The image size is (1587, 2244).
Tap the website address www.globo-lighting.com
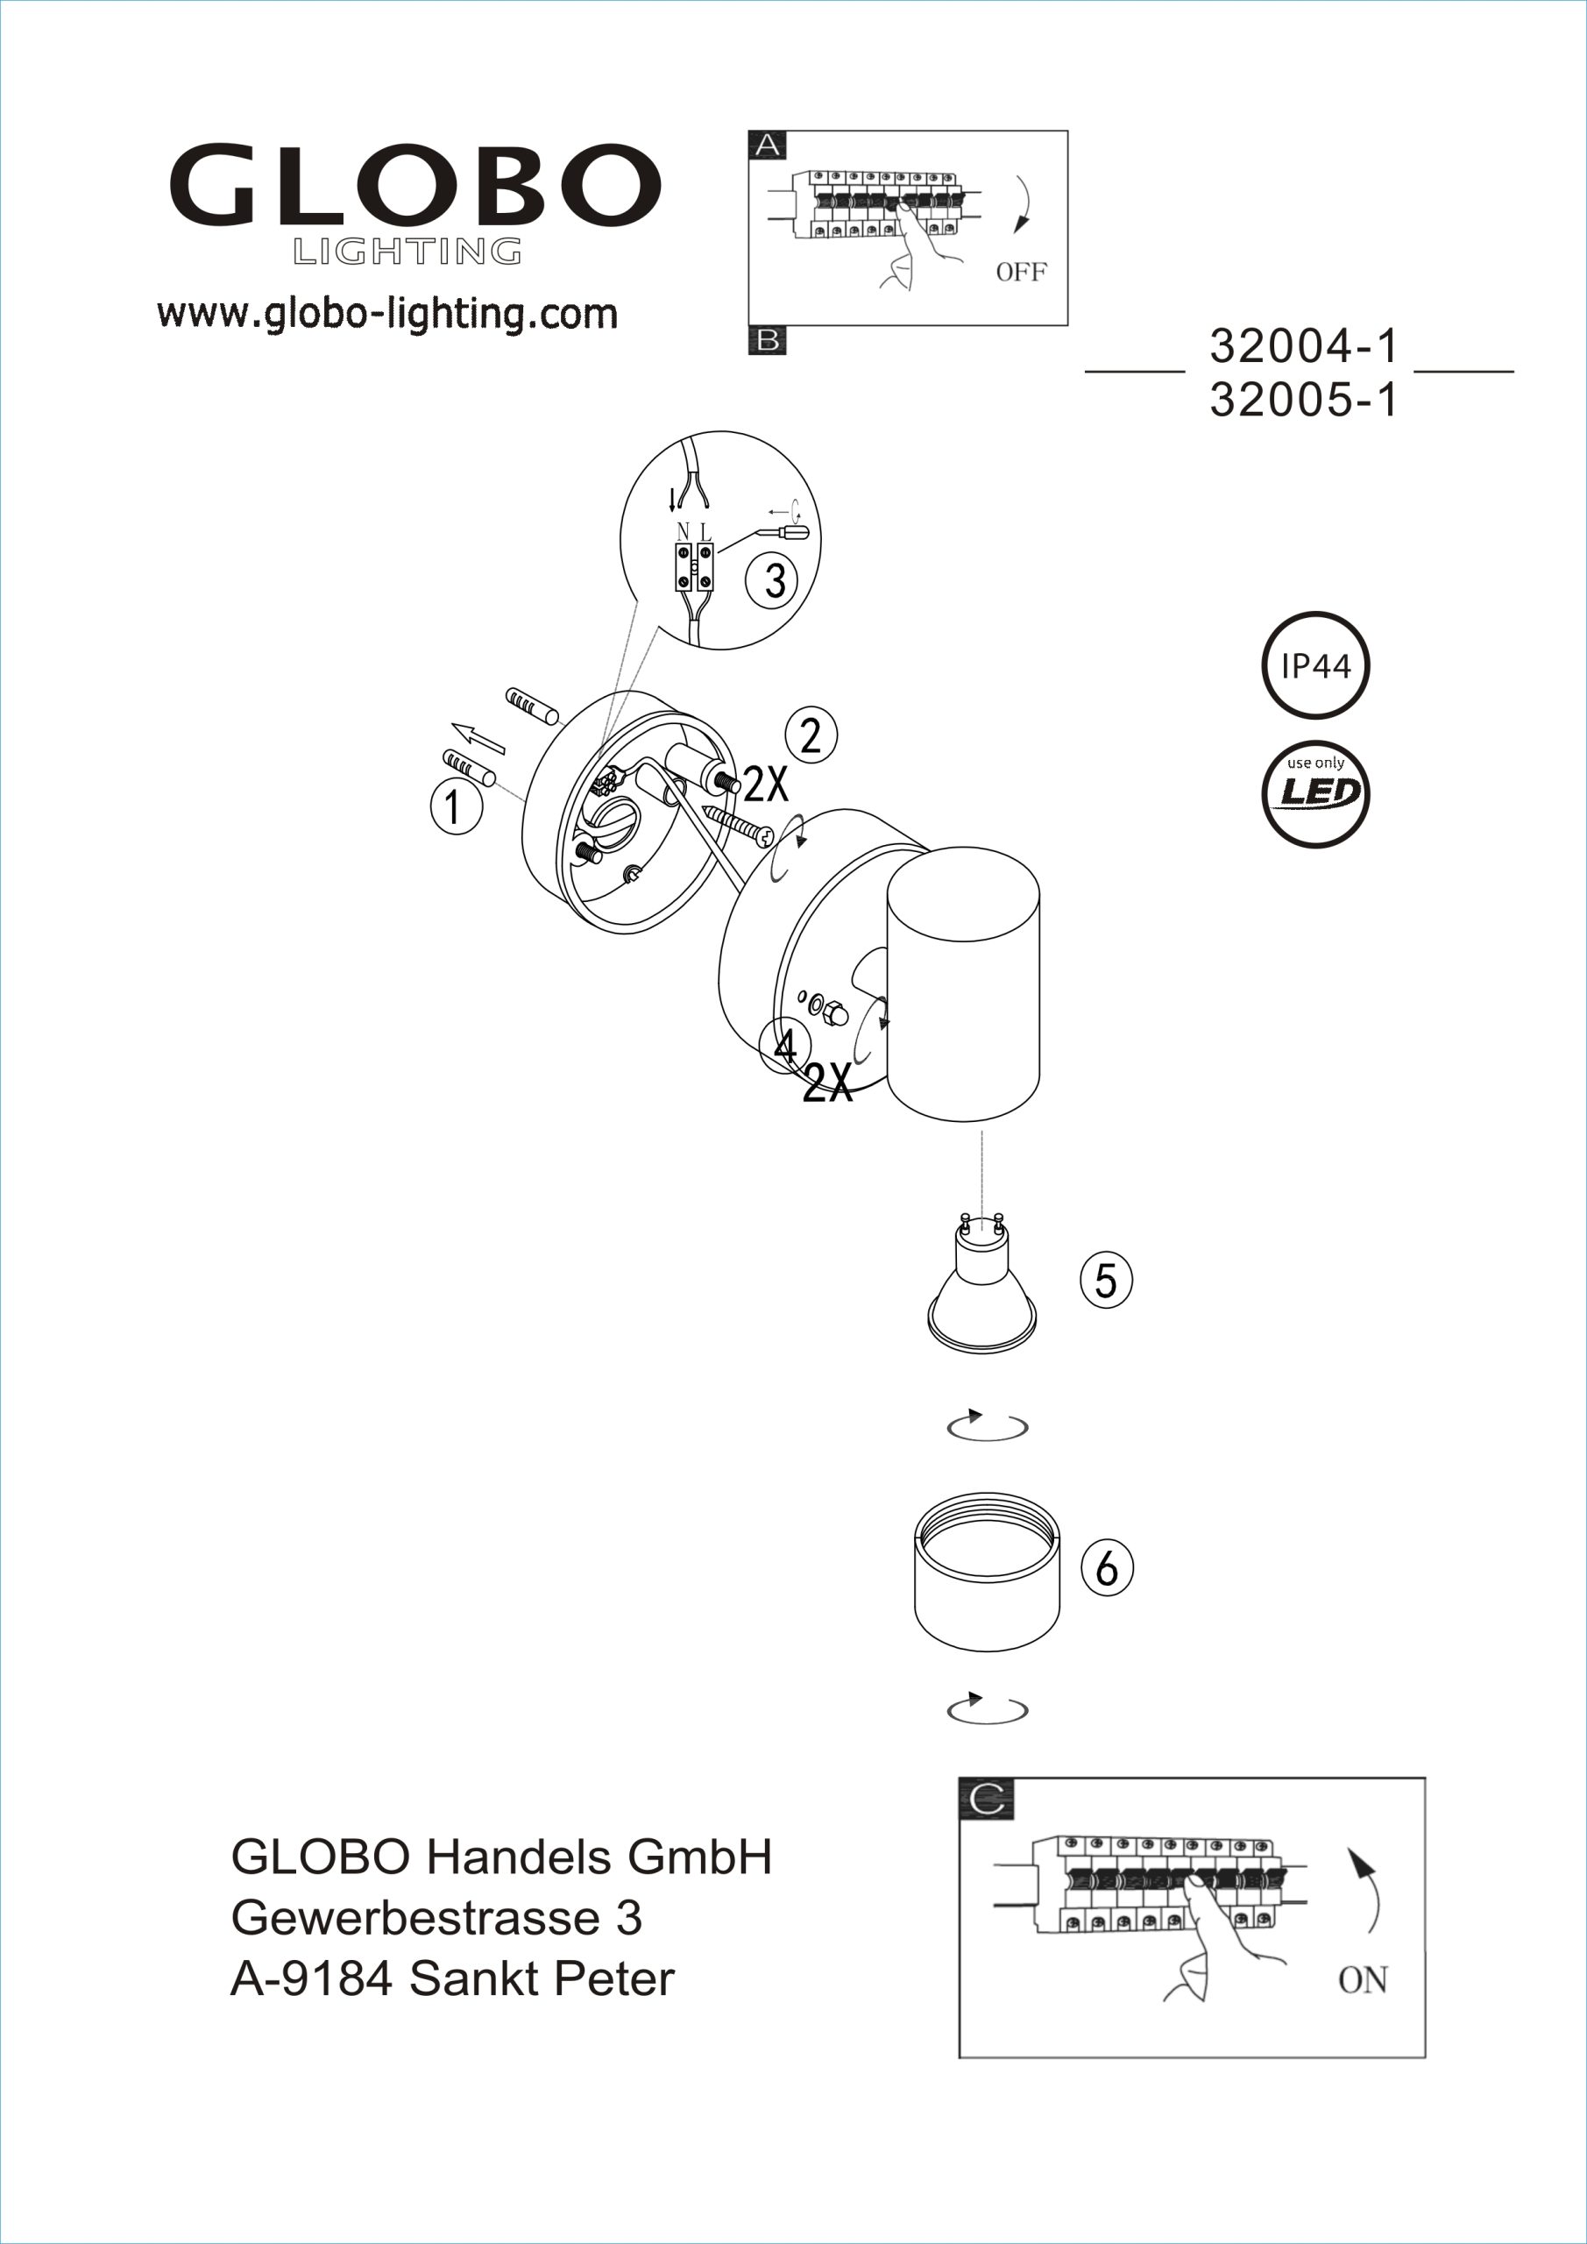[x=387, y=314]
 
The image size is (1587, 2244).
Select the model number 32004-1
[x=1304, y=346]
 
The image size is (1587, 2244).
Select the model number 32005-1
[x=1304, y=400]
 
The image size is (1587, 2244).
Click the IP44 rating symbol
[x=1314, y=665]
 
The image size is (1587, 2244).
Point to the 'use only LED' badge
[x=1314, y=792]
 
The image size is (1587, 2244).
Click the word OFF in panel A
[x=1020, y=273]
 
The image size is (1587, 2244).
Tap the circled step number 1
[x=456, y=807]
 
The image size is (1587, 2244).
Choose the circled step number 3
[x=772, y=580]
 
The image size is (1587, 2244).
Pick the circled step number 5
[x=1105, y=1280]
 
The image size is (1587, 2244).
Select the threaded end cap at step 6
[x=987, y=1573]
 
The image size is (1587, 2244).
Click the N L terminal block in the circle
[x=694, y=566]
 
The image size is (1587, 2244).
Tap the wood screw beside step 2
[x=738, y=823]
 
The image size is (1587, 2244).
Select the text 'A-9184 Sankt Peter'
[x=451, y=1979]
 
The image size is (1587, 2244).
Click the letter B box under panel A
[x=767, y=341]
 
